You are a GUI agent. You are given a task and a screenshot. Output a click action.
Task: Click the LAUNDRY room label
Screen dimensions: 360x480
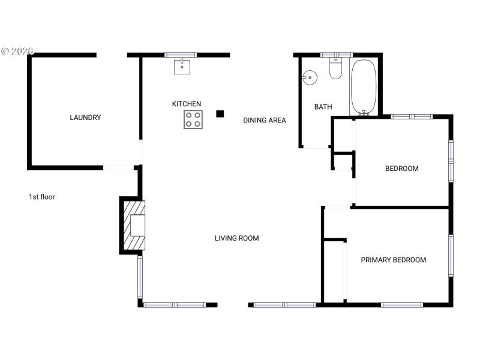click(85, 118)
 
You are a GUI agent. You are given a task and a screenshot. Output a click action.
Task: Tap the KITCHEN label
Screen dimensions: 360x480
click(187, 104)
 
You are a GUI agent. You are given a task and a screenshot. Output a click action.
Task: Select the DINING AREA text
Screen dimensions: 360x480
click(264, 120)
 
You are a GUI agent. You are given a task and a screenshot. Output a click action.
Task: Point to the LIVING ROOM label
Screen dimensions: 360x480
click(237, 238)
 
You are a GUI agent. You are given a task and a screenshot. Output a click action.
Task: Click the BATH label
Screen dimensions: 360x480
click(323, 107)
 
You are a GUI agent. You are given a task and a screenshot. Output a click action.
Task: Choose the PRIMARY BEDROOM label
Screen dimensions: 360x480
click(393, 260)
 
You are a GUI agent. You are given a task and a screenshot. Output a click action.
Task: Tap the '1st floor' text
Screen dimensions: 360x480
click(42, 196)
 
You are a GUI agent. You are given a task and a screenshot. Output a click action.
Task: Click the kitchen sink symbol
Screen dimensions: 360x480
click(182, 65)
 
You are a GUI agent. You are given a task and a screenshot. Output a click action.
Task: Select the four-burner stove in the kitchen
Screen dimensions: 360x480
click(193, 119)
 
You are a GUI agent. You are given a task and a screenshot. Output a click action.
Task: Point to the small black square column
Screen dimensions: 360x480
click(220, 113)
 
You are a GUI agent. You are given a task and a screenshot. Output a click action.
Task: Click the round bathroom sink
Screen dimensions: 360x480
click(310, 77)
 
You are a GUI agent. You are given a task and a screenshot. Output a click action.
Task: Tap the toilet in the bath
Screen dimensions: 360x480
click(335, 69)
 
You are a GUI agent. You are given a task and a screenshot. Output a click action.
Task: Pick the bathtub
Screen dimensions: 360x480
click(363, 87)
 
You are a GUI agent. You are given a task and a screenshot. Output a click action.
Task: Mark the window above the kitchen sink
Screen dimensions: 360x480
click(181, 55)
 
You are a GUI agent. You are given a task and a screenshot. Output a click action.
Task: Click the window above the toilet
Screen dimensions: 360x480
click(336, 55)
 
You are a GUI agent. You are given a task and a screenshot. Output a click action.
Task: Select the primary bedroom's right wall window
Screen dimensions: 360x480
click(451, 256)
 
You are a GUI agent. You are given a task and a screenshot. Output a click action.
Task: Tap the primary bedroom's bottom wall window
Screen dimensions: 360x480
click(402, 305)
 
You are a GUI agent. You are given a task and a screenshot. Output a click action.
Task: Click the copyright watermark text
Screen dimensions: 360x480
click(18, 51)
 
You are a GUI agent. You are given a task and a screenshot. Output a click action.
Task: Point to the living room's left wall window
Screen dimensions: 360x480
click(140, 277)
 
